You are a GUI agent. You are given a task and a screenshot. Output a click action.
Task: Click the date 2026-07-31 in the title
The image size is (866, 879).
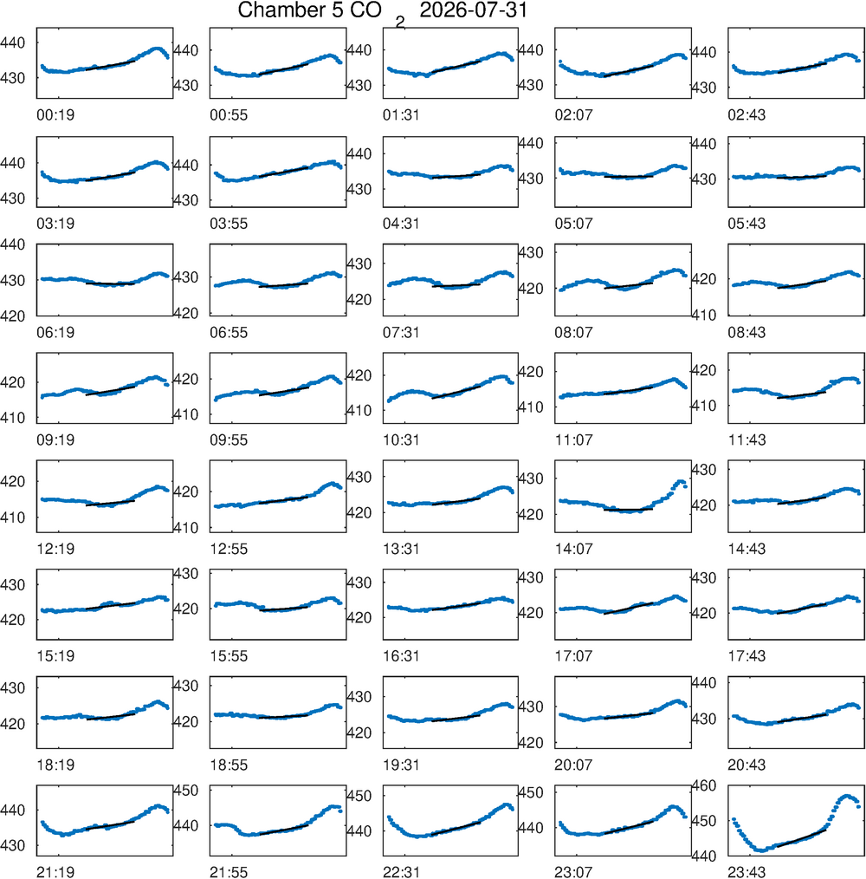(474, 10)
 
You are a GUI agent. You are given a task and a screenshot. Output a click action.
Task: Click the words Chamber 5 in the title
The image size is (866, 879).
(290, 10)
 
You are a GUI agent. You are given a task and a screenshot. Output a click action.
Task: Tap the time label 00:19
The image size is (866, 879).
(55, 115)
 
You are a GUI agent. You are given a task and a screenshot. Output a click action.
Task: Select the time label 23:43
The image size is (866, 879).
(746, 872)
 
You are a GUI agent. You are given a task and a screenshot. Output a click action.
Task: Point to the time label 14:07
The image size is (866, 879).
(573, 549)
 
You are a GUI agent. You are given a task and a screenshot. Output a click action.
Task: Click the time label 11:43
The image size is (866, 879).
(746, 440)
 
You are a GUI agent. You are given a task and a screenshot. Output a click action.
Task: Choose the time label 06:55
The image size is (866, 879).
(229, 332)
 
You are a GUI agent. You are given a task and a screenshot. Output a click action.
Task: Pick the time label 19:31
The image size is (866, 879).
(401, 765)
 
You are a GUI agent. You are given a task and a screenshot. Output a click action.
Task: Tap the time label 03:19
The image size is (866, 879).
(55, 224)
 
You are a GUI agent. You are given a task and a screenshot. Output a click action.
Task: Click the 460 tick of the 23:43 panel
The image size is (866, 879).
(703, 785)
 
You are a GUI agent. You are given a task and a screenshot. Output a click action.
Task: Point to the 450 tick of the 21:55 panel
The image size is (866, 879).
(186, 791)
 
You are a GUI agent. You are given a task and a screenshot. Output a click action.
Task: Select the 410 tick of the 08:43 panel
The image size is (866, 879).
(703, 315)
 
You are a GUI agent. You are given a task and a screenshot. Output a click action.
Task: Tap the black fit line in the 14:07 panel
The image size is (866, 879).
(629, 510)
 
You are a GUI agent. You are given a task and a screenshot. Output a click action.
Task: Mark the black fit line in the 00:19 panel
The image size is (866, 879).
(110, 65)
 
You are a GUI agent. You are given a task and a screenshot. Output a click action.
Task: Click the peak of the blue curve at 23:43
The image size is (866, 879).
(846, 796)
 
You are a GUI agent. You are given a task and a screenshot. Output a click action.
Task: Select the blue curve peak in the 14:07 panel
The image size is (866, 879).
(681, 482)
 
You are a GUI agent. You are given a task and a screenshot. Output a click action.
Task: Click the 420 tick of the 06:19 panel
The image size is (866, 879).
(12, 316)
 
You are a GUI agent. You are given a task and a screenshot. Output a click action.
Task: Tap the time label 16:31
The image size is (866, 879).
(401, 656)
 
